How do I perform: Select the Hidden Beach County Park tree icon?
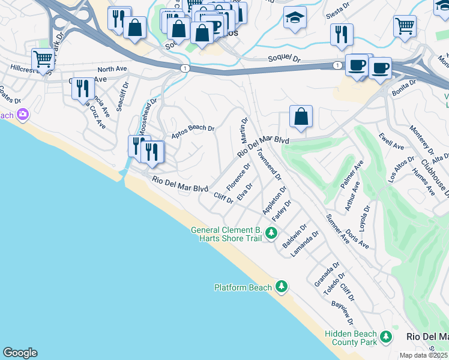(385, 338)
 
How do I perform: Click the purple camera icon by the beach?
(23, 113)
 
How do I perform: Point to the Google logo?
(20, 353)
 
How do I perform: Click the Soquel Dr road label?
(282, 59)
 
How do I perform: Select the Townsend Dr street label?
(269, 163)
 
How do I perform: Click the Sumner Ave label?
(338, 229)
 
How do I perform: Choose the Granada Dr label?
(327, 274)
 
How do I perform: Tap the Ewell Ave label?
(391, 142)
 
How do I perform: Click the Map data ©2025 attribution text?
(424, 355)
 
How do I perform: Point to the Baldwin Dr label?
(295, 238)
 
